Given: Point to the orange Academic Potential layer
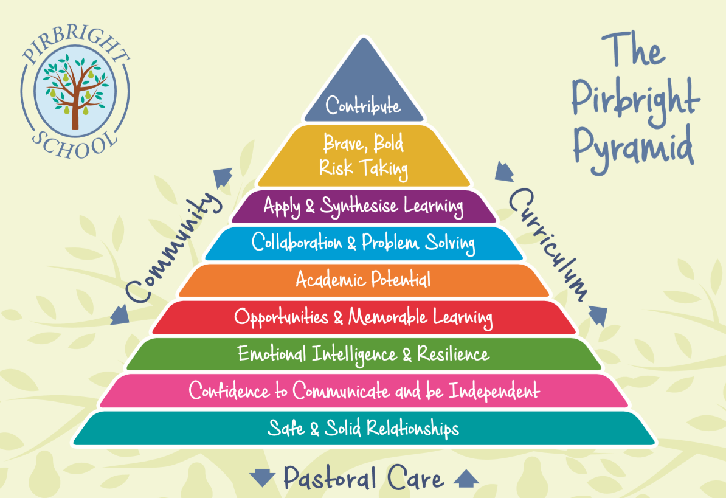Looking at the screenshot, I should tap(364, 280).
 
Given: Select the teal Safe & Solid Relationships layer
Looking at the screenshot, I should tap(364, 429).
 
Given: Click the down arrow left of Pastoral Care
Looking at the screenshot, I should tap(263, 478).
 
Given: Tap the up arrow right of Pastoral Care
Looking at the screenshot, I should tap(466, 478).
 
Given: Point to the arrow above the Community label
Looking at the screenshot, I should tap(222, 177).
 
